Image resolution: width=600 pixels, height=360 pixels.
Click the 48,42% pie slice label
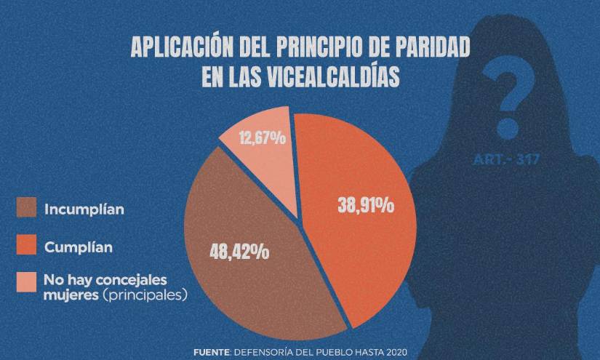239,253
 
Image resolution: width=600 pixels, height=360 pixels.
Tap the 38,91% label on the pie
366,206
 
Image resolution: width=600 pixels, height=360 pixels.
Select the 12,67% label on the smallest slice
262,137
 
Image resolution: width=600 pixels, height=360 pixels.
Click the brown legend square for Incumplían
26,209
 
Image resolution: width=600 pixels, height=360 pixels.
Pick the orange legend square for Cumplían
26,247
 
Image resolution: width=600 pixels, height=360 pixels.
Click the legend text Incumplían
84,209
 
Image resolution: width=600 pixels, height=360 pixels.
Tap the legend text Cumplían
79,247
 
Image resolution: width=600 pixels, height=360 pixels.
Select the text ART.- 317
506,159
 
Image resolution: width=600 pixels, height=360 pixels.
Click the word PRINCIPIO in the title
316,49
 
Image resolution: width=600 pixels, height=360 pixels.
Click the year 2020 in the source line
392,352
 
